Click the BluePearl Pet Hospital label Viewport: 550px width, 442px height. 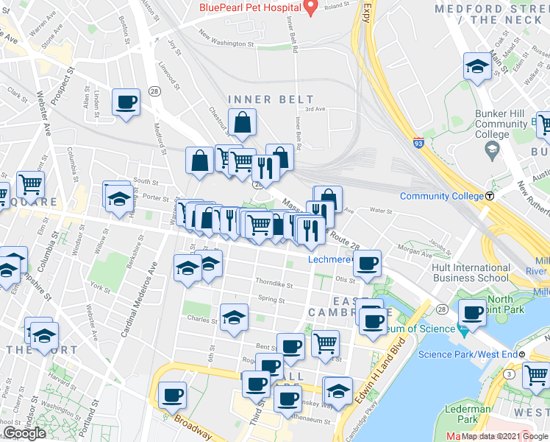pos(250,9)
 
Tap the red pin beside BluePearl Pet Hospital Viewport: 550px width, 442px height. pos(310,7)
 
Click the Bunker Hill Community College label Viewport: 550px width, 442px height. pos(496,124)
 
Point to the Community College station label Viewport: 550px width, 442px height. pos(441,196)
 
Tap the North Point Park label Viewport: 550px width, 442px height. pos(501,304)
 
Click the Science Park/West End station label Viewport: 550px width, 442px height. pos(467,354)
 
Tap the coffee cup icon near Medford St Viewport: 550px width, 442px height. pos(126,102)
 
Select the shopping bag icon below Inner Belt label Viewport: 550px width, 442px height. pos(242,124)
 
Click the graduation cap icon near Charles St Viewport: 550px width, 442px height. pos(235,318)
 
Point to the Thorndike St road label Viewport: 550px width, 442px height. pos(274,283)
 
